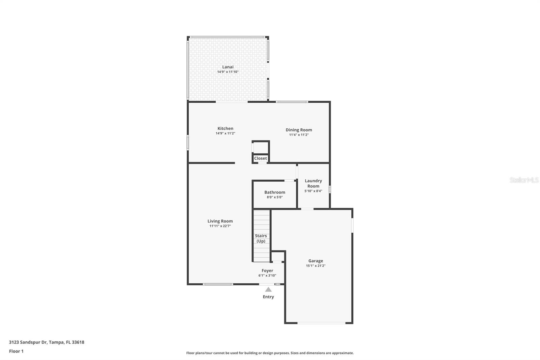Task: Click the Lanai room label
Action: click(228, 67)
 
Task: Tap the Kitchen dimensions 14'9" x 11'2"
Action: click(225, 133)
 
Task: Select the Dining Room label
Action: click(299, 130)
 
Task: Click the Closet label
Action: click(261, 158)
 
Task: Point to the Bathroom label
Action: click(275, 192)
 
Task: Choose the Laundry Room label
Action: click(313, 183)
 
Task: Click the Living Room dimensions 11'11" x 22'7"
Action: click(220, 226)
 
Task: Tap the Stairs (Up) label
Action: click(261, 238)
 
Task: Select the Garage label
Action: click(316, 261)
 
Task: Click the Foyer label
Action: click(267, 271)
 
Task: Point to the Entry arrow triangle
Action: click(268, 289)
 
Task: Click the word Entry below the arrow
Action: click(268, 297)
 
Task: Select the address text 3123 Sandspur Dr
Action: click(28, 342)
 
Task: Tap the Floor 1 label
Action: click(16, 351)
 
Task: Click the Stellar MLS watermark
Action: click(524, 180)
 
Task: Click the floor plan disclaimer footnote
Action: click(270, 353)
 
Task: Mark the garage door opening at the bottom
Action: click(321, 323)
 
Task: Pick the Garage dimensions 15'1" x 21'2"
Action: click(316, 266)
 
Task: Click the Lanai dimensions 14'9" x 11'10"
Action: click(228, 72)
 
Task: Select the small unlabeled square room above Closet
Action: click(261, 148)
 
